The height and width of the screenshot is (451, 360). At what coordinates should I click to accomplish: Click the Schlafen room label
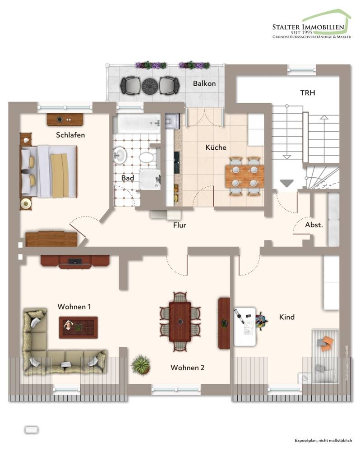pos(70,135)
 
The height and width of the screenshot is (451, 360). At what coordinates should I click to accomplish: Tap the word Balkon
pos(204,83)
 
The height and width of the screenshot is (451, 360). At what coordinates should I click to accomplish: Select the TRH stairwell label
pos(308,93)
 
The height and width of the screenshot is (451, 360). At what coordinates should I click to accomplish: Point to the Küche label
pos(216,147)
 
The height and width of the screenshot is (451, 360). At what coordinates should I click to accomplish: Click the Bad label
pos(128,178)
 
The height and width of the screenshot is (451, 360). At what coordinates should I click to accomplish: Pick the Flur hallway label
pos(179,225)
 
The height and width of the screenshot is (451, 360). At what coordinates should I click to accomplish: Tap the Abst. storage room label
pos(314,225)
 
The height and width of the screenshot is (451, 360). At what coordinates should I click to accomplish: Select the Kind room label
pos(287,317)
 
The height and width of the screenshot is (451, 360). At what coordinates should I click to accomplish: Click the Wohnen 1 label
pos(74,307)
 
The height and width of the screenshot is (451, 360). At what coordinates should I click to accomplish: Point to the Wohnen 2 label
pos(187,368)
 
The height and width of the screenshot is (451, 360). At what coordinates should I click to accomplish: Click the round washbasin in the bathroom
pos(120,155)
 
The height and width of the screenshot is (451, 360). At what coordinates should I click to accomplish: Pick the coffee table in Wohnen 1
pos(78,327)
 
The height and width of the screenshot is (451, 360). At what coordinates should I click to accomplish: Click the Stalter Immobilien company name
pos(308,28)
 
